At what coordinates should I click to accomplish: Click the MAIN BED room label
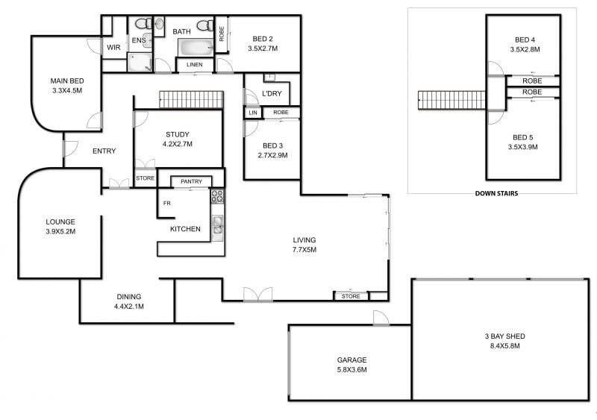coord(67,81)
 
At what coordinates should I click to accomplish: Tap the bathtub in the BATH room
coord(196,48)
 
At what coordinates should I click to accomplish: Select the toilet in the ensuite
coord(143,24)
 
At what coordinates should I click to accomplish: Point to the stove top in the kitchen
coord(217,196)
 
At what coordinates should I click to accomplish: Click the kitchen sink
coord(218,225)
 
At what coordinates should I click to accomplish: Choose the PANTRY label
coord(191,181)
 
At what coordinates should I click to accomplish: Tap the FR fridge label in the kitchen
coord(166,204)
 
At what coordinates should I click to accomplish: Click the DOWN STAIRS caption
coord(496,193)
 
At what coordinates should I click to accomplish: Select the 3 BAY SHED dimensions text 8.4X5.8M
coord(505,346)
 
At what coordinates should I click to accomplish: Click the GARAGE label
coord(351,360)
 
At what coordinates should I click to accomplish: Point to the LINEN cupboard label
coord(195,65)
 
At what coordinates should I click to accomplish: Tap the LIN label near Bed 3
coord(253,113)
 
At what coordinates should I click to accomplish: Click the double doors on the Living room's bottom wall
coord(258,295)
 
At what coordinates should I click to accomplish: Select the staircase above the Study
coord(191,99)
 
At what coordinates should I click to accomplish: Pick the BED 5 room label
coord(523,137)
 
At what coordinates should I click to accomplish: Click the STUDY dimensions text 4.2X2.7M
coord(178,144)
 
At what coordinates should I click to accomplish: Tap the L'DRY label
coord(272,93)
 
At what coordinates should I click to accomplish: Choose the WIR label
coord(113,48)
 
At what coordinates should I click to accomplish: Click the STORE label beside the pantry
coord(145,178)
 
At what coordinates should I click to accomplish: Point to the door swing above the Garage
coord(381,318)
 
